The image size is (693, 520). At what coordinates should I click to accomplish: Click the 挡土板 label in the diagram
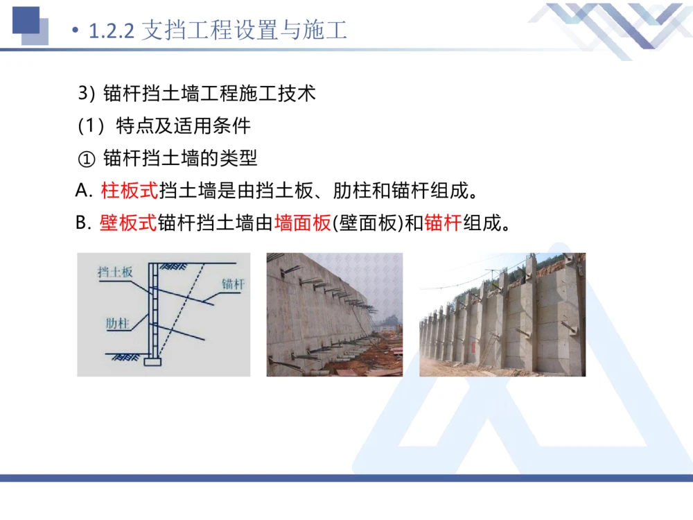pyautogui.click(x=115, y=272)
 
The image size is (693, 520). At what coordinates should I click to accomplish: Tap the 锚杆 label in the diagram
pyautogui.click(x=234, y=284)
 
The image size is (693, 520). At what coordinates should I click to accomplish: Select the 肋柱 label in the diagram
pyautogui.click(x=119, y=323)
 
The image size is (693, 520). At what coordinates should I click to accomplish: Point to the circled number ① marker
pyautogui.click(x=86, y=159)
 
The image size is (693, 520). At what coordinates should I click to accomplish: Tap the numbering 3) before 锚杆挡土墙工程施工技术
pyautogui.click(x=85, y=94)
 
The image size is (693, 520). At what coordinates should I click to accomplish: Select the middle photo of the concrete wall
pyautogui.click(x=334, y=315)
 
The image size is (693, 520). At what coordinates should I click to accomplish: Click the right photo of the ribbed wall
pyautogui.click(x=502, y=315)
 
